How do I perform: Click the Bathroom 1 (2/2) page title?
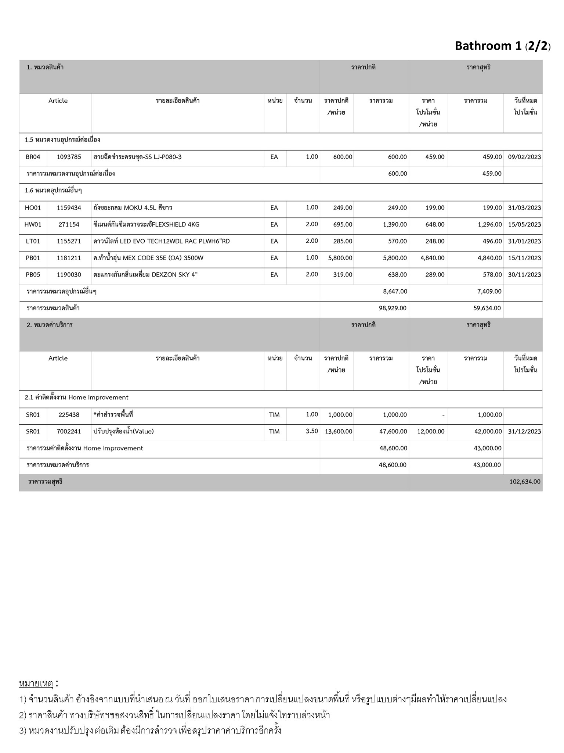coord(502,46)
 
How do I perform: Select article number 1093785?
coord(69,157)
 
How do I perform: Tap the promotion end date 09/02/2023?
coord(524,157)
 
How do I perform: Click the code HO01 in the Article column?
coord(33,208)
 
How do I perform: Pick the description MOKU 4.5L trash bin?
coord(133,208)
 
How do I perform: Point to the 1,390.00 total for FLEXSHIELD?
coord(394,224)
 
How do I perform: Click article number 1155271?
coord(69,241)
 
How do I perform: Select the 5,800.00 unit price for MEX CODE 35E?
coord(340,258)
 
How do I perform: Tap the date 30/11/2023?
coord(524,275)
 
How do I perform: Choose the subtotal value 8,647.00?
coord(395,292)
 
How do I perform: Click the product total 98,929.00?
coord(392,308)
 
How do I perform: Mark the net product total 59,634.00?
coord(487,308)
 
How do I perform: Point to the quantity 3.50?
coord(312,431)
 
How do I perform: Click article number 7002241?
coord(69,431)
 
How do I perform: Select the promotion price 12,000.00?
coord(430,431)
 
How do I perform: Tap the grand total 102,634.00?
coord(525,482)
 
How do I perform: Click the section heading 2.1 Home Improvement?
coord(76,397)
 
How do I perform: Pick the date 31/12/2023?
coord(524,431)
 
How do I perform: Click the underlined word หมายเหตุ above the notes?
coord(36,684)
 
